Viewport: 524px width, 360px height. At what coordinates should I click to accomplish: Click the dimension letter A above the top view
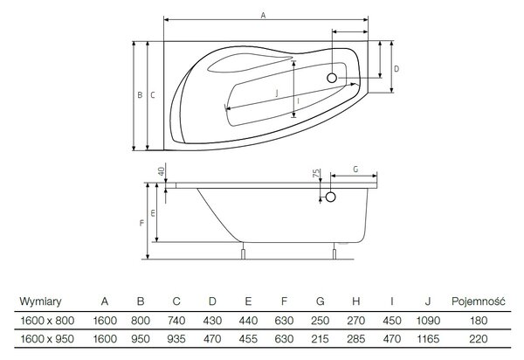point(263,16)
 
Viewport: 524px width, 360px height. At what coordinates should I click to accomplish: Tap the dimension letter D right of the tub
point(396,69)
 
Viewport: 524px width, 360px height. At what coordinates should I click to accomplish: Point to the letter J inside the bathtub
point(277,93)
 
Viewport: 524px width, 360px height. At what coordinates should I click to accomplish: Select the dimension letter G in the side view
point(355,170)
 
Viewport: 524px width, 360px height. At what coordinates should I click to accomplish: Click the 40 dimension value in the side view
point(162,171)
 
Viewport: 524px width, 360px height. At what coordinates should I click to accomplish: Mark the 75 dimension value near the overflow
point(316,174)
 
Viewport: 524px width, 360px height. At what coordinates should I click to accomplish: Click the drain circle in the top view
point(332,78)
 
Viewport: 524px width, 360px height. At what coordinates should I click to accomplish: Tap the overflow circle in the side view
point(330,197)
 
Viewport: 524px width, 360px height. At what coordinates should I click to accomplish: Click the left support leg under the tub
point(244,253)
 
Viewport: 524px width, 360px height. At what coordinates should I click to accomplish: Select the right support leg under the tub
point(334,253)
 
